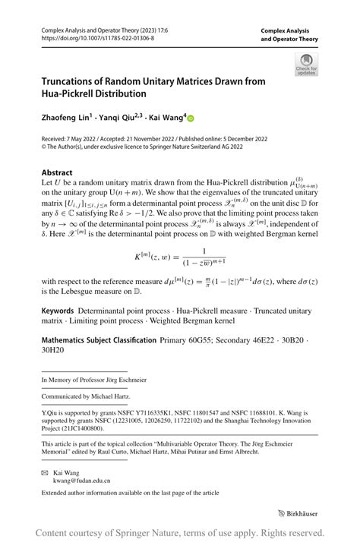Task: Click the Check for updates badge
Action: [306, 64]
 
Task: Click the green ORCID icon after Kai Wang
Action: [191, 118]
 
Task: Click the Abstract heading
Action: [57, 173]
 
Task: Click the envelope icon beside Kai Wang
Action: [45, 471]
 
